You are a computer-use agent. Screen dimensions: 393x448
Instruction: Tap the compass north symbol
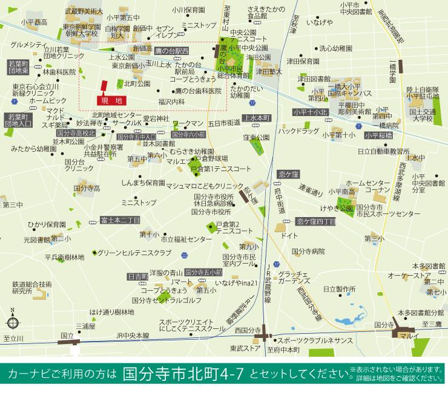point(13,320)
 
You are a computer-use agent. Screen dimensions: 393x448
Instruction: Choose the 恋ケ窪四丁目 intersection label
point(315,221)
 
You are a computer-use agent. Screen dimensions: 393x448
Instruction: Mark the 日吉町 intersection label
point(137,276)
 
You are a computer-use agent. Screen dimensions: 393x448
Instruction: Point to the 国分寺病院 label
point(308,251)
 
